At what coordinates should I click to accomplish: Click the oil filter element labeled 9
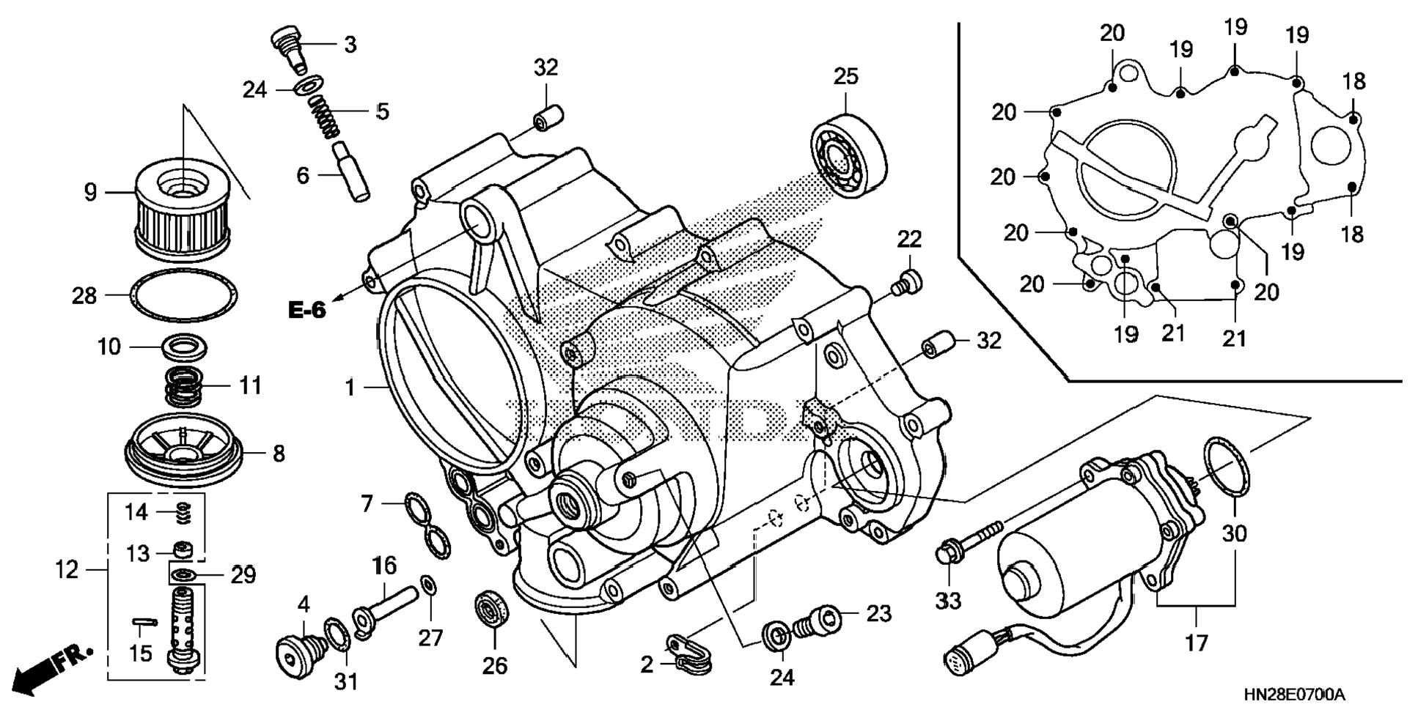click(x=183, y=212)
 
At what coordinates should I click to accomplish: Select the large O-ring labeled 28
click(x=183, y=295)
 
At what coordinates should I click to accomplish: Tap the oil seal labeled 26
click(x=490, y=607)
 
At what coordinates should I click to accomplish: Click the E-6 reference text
click(x=306, y=310)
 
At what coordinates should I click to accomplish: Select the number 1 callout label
click(x=350, y=387)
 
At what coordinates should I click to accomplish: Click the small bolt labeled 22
click(x=907, y=282)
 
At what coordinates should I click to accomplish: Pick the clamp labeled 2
click(x=690, y=654)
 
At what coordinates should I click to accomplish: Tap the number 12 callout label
click(x=67, y=569)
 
